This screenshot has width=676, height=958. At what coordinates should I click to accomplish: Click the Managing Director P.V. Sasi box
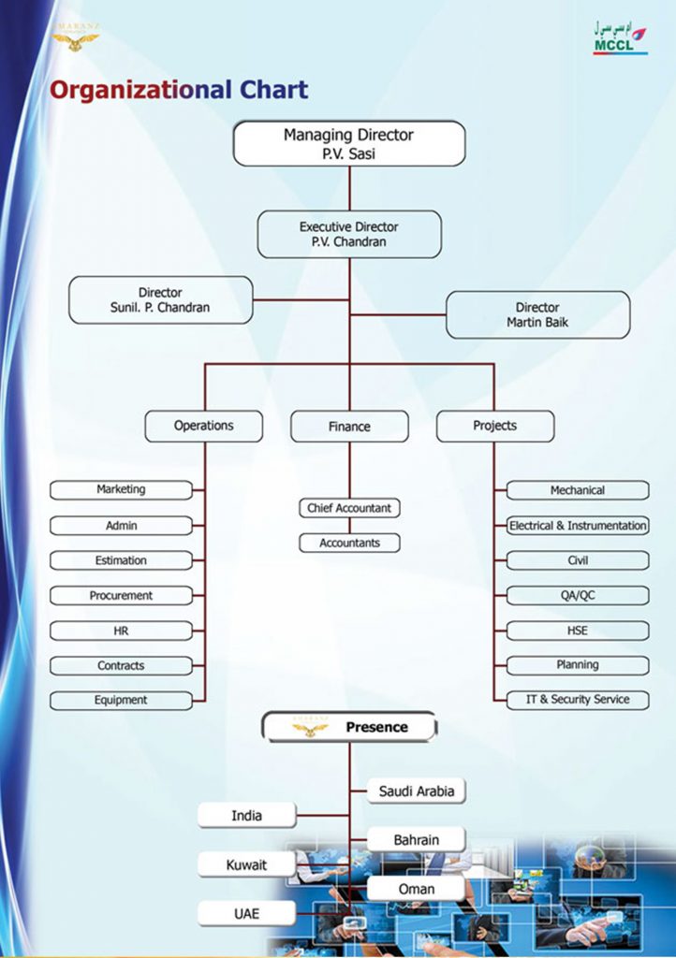348,144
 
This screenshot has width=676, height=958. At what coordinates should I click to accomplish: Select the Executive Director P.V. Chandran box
348,234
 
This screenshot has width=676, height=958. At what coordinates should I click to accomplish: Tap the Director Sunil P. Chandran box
160,300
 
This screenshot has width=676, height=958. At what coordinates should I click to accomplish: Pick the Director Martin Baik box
537,314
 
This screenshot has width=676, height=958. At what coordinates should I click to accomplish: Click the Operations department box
203,426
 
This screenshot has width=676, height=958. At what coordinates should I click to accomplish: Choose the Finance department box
349,427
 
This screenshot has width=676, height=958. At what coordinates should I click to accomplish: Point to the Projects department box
494,426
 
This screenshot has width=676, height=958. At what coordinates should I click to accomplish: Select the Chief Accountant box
349,508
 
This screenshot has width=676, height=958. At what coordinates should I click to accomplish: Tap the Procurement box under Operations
121,595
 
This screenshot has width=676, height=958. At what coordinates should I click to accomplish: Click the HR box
121,631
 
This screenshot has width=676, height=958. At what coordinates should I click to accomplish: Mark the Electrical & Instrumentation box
578,526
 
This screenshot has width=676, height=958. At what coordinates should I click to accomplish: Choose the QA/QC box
578,595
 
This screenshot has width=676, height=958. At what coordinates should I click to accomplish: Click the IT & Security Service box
578,699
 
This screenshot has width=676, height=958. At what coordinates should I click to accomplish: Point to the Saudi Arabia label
417,791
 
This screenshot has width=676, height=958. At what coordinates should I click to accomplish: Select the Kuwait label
246,865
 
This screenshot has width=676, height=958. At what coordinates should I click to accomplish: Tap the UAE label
246,913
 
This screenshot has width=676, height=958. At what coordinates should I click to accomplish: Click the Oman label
417,889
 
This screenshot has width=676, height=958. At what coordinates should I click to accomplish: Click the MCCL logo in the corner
619,38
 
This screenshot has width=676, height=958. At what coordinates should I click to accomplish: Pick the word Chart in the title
272,90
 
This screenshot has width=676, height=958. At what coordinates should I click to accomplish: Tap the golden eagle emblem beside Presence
310,728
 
